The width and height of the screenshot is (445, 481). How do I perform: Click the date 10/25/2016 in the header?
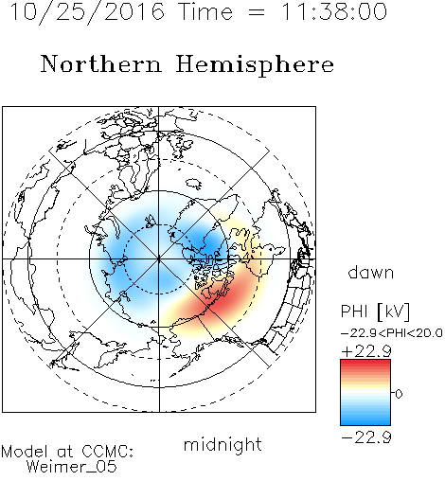(x=87, y=12)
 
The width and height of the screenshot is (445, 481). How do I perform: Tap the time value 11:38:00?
(x=334, y=11)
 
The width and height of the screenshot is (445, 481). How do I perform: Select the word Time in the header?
(x=205, y=11)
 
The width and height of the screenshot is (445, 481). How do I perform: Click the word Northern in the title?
(x=100, y=63)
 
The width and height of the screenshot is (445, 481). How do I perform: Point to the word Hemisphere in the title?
(x=255, y=65)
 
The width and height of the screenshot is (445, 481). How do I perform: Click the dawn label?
(x=371, y=273)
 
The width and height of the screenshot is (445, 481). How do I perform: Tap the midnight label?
(x=222, y=445)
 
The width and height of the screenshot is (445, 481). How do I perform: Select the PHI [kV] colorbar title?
(x=375, y=312)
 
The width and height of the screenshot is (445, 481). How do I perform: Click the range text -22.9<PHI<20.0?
(x=392, y=333)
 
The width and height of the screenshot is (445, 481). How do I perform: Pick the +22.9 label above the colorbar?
(x=366, y=351)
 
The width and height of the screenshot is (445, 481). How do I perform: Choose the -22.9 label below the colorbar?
(x=366, y=437)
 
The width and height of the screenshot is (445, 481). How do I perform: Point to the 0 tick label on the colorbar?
(x=399, y=394)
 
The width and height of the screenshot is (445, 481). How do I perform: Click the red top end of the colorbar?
(x=365, y=363)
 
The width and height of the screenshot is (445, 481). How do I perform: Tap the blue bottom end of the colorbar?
(x=365, y=422)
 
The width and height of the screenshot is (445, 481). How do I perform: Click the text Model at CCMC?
(x=67, y=452)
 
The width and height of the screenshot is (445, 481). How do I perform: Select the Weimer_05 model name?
(x=71, y=467)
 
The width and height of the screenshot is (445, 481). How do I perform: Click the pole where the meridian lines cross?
(x=159, y=258)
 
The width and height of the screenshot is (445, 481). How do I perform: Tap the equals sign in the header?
(x=257, y=12)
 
